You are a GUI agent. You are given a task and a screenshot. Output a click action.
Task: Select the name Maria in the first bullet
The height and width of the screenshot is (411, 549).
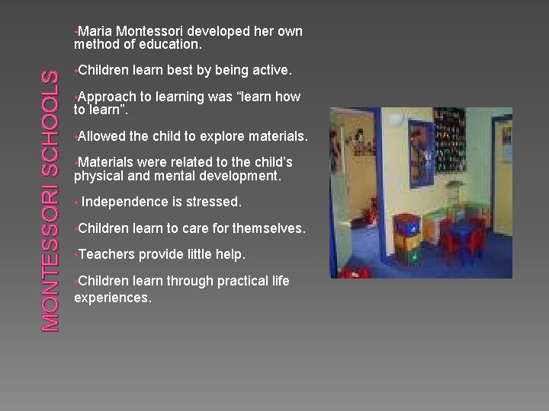(x=95, y=31)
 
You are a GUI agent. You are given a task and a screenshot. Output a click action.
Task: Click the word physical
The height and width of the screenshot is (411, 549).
(x=98, y=176)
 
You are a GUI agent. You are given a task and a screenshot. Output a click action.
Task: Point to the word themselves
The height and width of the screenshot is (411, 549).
(x=268, y=228)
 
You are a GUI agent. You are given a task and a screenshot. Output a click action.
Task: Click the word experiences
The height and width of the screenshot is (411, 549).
(x=113, y=297)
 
